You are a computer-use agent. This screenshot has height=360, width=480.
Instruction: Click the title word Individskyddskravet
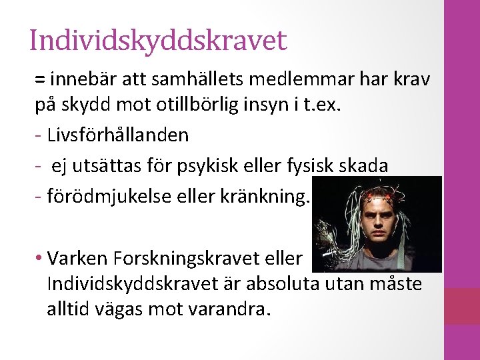pos(158,40)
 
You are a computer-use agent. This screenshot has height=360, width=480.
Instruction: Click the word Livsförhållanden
pos(118,135)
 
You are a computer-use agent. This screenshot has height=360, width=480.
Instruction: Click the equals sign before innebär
pos(40,80)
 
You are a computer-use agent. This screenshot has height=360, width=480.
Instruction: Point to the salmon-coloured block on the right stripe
pos(462,306)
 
